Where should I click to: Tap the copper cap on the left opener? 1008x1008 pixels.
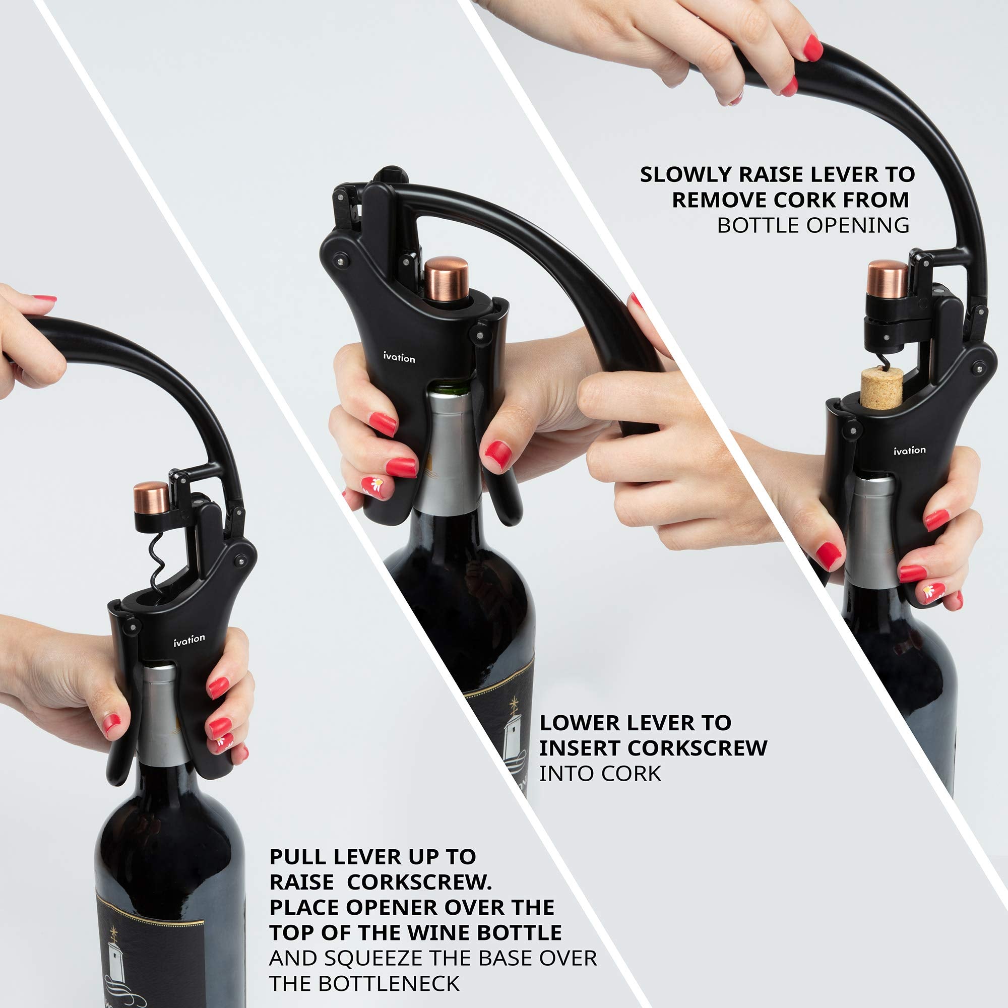pyautogui.click(x=151, y=499)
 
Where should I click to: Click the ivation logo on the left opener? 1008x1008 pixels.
pyautogui.click(x=189, y=640)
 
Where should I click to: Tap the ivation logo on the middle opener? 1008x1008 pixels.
pyautogui.click(x=399, y=357)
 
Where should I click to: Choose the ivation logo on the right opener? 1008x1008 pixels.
pyautogui.click(x=909, y=450)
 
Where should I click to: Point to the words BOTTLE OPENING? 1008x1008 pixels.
pyautogui.click(x=813, y=225)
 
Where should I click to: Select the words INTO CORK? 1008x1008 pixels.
pyautogui.click(x=599, y=773)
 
